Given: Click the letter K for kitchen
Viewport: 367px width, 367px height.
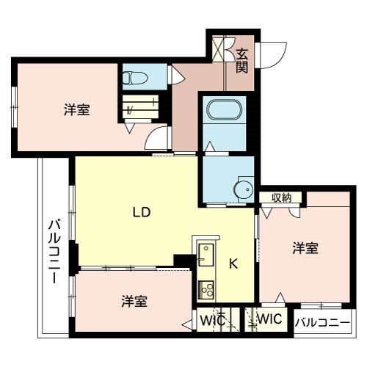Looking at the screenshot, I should pos(234,264).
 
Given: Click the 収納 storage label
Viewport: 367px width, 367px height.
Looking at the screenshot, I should pos(280,197).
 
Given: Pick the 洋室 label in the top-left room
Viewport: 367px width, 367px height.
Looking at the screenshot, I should pos(77,111).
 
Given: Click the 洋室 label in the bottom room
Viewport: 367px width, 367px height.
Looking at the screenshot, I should pos(134,301).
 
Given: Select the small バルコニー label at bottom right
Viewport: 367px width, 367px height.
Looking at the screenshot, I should pos(323,321).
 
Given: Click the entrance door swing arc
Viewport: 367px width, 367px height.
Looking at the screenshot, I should pos(275,56).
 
